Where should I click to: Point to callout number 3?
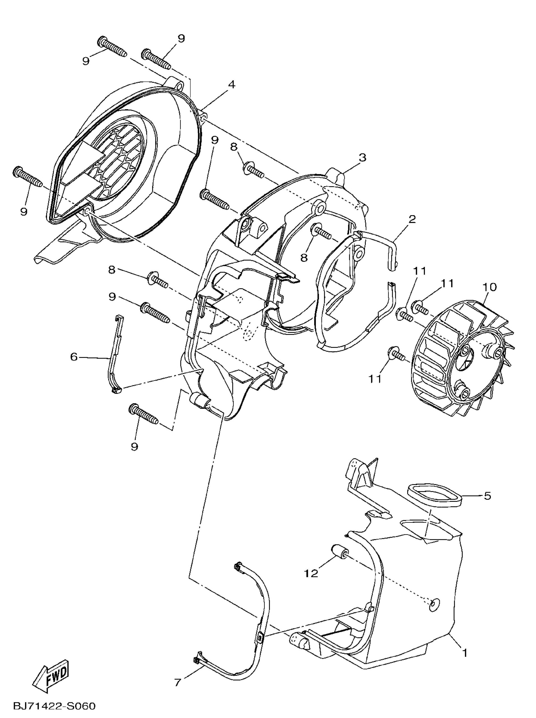click(362, 158)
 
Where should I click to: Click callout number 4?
click(231, 84)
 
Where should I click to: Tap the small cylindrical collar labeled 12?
click(339, 552)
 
